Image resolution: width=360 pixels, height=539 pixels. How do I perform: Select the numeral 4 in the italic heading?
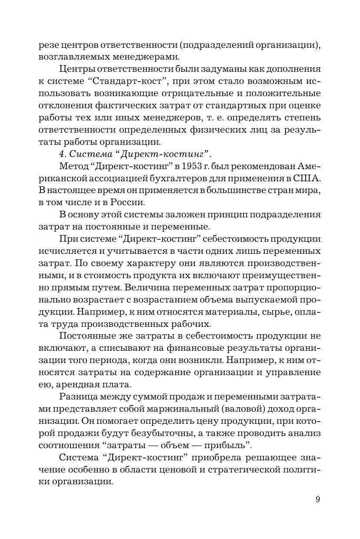pyautogui.click(x=61, y=154)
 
